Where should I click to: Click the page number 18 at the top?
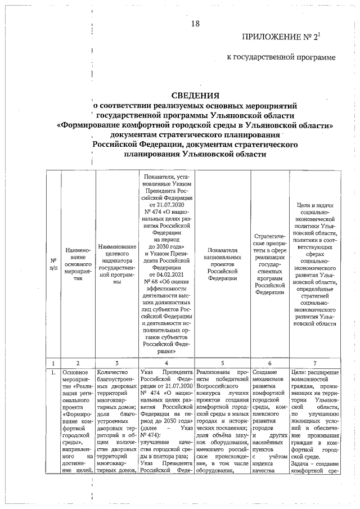[195, 24]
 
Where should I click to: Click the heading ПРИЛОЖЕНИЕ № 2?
[287, 38]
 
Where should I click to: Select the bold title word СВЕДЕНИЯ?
[195, 95]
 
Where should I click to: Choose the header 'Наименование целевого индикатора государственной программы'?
[117, 264]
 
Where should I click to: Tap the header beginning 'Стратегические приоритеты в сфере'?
[271, 264]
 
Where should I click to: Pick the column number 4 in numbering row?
[166, 363]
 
